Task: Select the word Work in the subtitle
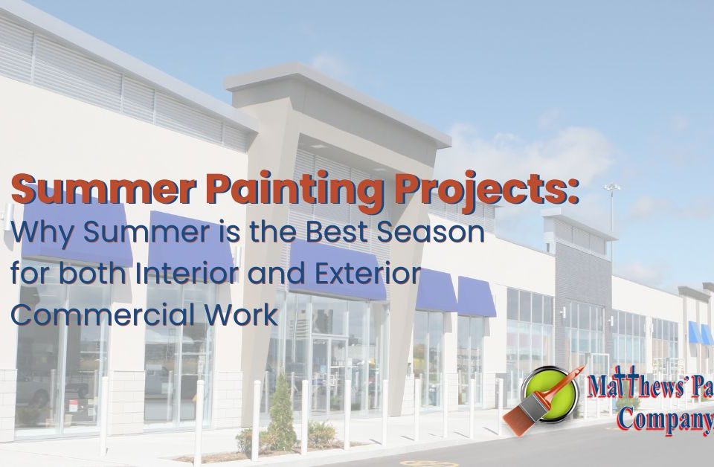point(242,315)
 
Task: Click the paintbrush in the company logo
point(535,402)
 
